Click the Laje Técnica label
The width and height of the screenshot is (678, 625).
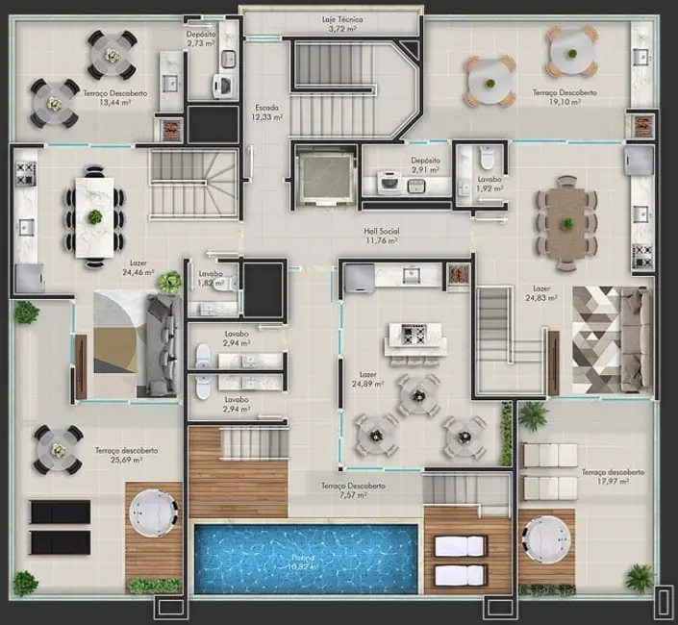point(343,24)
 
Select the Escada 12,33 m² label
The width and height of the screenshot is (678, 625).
point(268,112)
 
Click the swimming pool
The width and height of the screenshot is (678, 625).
point(306,558)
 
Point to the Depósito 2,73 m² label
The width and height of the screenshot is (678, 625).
point(201,38)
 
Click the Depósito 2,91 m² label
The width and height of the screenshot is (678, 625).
point(425,165)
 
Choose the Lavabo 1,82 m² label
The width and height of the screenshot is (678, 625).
point(211,279)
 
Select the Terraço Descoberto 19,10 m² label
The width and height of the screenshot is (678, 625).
point(565,98)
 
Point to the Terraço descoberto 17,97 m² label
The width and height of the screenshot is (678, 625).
point(613,477)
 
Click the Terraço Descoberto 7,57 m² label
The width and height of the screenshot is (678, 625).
point(354,491)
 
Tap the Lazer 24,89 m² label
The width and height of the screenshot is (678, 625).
point(365,379)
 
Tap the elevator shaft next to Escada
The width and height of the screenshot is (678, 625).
point(324,177)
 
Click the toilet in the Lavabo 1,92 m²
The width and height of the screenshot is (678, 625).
point(486,156)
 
